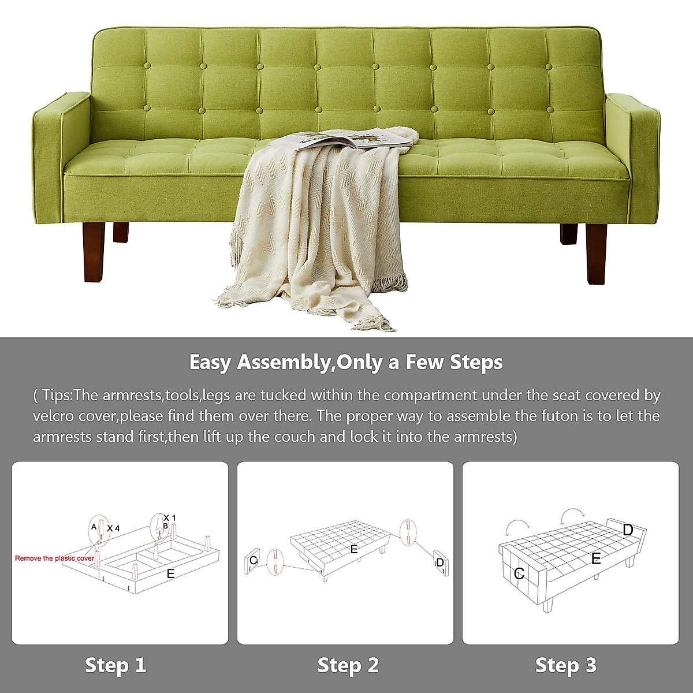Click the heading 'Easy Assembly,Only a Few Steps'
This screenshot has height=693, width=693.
point(346,363)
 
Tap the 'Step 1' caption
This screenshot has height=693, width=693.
point(115,665)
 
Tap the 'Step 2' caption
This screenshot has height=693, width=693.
point(348,665)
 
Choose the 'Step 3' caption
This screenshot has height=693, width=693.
point(565,665)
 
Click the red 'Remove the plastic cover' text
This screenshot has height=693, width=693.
point(54,558)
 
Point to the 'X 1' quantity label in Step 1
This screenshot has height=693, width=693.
point(169,517)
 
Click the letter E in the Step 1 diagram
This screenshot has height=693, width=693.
point(170,573)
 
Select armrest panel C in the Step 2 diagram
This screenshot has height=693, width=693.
point(252,561)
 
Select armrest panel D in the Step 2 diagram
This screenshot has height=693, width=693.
point(440,562)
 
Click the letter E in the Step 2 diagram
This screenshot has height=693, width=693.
point(354,549)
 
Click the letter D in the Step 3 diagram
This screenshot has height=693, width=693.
point(627,530)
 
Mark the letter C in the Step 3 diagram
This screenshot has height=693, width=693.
point(519,574)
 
